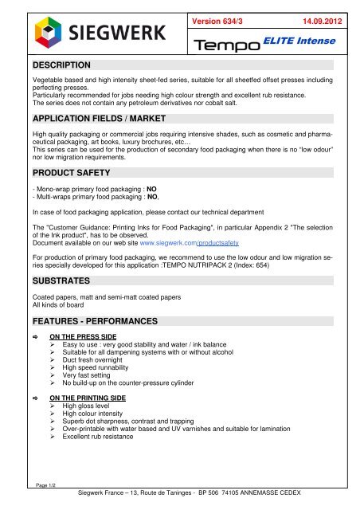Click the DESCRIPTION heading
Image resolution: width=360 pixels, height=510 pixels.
[58, 63]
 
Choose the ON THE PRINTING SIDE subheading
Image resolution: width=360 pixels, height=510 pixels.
[94, 441]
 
